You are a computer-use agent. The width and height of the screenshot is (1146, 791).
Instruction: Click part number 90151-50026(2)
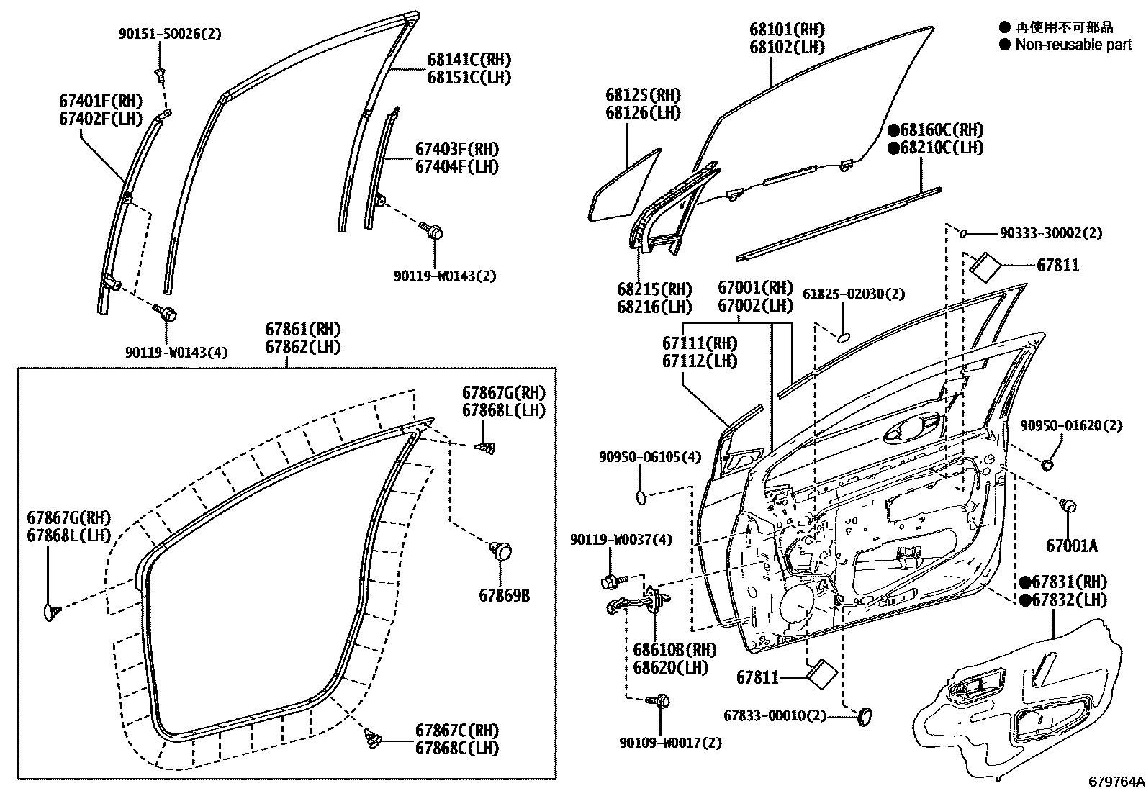[170, 33]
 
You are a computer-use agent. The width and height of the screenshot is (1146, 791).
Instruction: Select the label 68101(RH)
[787, 30]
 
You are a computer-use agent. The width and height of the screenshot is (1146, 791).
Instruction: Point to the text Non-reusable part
[1073, 45]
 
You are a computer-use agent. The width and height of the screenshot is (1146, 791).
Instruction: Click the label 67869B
[504, 596]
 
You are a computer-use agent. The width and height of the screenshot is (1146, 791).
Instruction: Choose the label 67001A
[1072, 546]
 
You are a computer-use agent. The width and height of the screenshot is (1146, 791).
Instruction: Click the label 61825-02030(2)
[854, 294]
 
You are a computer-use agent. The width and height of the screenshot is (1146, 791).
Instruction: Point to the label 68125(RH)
[643, 96]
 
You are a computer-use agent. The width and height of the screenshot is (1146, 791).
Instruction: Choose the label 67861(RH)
[303, 330]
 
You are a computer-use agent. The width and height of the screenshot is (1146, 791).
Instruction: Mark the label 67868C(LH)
[456, 748]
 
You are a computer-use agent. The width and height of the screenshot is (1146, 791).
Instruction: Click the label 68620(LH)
[670, 667]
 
